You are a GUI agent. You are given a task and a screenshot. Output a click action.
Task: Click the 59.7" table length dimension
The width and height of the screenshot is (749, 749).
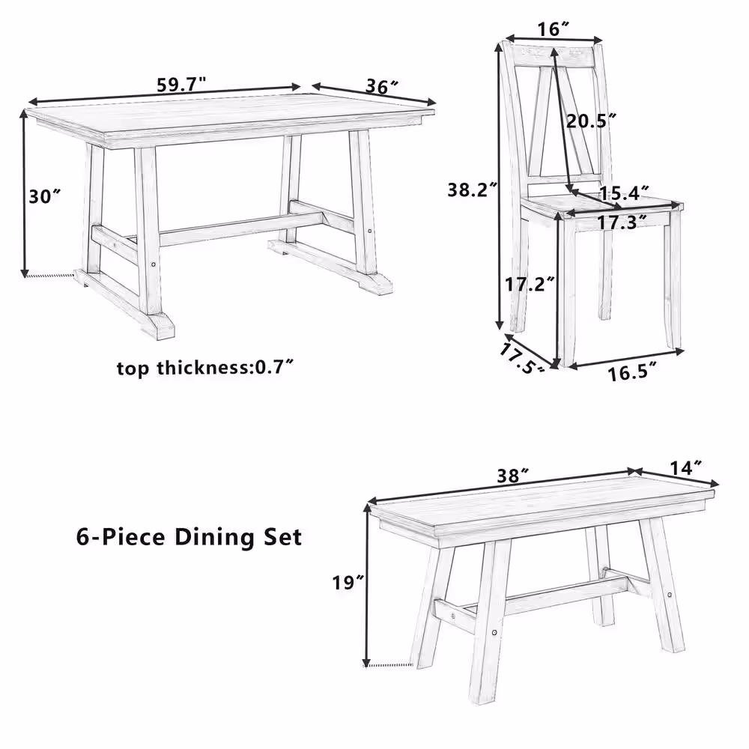pyautogui.click(x=181, y=85)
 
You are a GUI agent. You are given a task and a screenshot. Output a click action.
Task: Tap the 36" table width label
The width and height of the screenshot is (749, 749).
pyautogui.click(x=381, y=86)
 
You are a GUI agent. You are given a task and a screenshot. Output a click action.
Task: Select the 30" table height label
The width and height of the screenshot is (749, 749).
pyautogui.click(x=45, y=196)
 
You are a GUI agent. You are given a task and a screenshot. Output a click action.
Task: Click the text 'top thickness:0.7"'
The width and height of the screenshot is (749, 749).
pyautogui.click(x=204, y=368)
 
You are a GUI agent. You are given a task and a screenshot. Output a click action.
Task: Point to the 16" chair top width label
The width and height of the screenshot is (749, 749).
pyautogui.click(x=554, y=28)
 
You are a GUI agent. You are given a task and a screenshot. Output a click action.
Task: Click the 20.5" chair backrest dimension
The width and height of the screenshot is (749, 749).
pyautogui.click(x=591, y=120)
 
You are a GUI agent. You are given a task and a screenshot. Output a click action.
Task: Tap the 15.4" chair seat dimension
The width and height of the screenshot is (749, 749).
pyautogui.click(x=623, y=193)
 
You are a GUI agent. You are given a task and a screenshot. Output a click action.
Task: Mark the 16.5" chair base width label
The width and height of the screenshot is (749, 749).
pyautogui.click(x=633, y=372)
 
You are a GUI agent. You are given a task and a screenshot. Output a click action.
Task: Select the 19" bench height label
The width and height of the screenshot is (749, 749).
pyautogui.click(x=349, y=582)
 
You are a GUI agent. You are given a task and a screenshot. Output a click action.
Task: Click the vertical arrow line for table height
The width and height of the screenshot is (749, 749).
pyautogui.click(x=25, y=195)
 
